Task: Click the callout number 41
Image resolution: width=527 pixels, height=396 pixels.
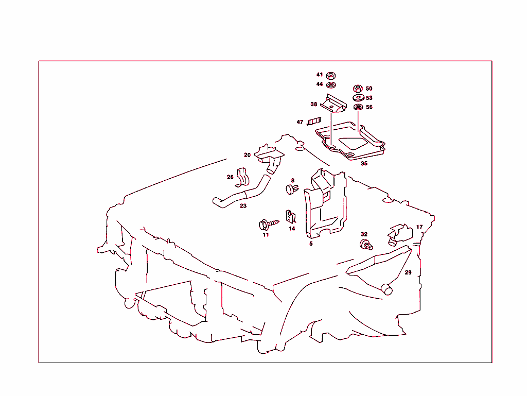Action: [319, 75]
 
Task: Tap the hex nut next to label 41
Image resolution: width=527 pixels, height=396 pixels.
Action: [331, 75]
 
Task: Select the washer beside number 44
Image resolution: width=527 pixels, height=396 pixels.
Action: [331, 84]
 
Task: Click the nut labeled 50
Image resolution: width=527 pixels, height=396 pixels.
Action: [358, 89]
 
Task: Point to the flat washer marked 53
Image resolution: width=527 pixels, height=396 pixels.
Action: [358, 98]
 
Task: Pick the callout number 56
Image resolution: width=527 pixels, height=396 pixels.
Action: [369, 107]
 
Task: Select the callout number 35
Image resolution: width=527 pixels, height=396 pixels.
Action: [364, 163]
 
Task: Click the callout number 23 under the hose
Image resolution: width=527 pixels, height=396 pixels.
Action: [243, 206]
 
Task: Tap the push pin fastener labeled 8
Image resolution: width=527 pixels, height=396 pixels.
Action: [291, 190]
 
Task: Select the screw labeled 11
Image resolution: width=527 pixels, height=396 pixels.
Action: [266, 224]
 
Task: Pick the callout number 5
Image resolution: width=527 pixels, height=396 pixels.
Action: [311, 243]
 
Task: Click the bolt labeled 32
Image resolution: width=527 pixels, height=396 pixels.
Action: [365, 244]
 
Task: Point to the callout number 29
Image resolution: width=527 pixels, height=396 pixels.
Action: [408, 272]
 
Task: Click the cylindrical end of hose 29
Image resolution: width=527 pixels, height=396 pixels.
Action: [387, 289]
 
